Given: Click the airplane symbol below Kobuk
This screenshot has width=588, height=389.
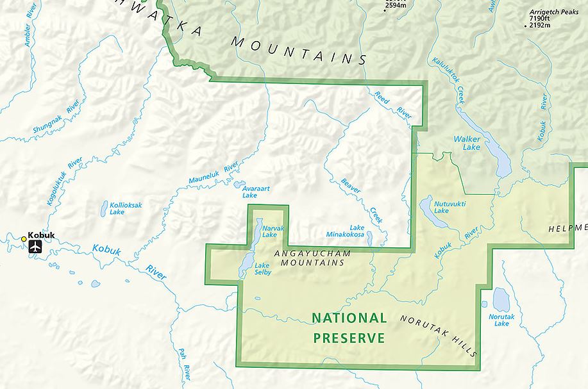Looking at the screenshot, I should coord(35,246).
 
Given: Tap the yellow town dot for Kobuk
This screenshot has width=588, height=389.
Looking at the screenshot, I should coord(24,239).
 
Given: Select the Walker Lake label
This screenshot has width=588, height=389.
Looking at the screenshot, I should coord(466,142).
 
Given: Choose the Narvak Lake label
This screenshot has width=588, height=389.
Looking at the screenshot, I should coord(269,231).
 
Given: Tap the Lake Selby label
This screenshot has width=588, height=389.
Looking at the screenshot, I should coord(263,269).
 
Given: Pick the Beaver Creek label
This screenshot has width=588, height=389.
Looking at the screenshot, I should coord(362,201).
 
